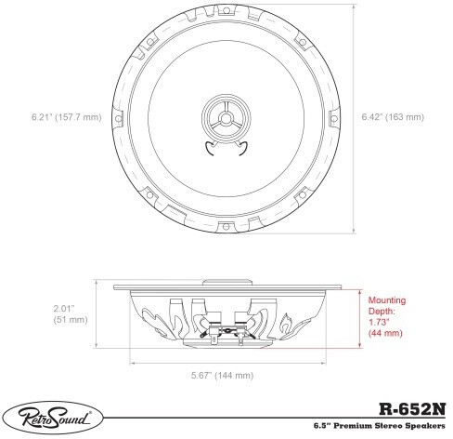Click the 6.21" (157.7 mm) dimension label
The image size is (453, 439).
pos(67,117)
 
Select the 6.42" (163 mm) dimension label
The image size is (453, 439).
pos(393,117)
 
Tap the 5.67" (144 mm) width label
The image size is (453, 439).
pos(222,376)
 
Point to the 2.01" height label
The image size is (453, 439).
pos(64,309)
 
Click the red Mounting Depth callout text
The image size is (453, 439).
pos(387,316)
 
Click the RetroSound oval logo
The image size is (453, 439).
pos(52,418)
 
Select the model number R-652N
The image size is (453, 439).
pos(412,409)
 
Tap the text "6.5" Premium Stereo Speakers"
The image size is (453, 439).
pos(380,426)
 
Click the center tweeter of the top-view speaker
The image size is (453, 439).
pos(226,118)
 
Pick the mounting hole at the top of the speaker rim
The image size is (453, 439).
pos(226,11)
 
